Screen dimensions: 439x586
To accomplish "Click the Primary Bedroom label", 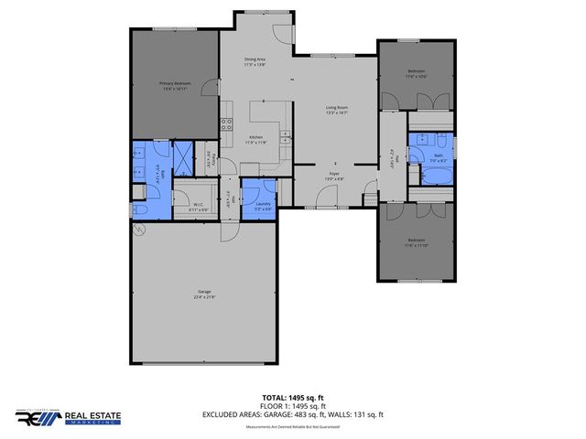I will [174, 84].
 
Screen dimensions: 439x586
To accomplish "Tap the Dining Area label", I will [254, 61].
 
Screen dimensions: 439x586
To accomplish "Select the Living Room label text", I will [336, 110].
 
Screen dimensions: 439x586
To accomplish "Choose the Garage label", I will [203, 294].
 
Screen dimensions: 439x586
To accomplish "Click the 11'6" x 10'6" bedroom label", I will [417, 74].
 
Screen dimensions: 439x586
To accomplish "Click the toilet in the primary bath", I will [139, 210].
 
